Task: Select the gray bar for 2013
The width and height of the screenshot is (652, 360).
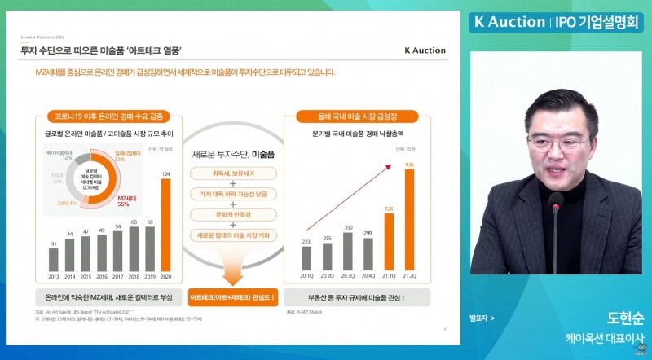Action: click(x=53, y=260)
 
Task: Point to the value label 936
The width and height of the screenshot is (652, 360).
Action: click(x=409, y=165)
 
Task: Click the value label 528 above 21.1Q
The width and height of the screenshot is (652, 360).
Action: click(x=389, y=209)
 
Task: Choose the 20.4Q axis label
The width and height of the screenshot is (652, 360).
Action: click(x=368, y=277)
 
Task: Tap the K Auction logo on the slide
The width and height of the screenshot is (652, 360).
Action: click(x=425, y=50)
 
